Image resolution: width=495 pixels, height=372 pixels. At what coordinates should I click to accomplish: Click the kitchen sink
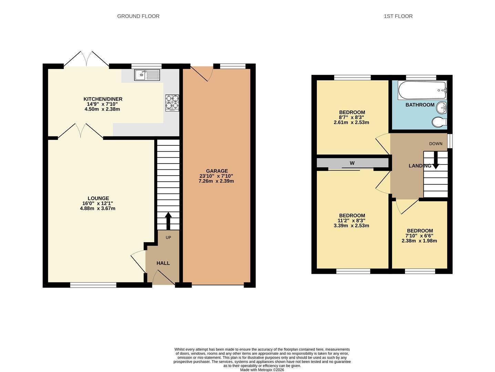[x=147, y=75]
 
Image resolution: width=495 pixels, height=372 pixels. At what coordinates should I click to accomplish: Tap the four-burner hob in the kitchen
[x=172, y=103]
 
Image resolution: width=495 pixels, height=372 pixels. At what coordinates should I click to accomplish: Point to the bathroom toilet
[x=440, y=122]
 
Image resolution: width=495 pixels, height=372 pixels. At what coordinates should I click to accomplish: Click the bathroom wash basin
[x=441, y=108]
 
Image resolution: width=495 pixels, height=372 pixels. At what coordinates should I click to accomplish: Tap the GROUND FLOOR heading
[x=138, y=16]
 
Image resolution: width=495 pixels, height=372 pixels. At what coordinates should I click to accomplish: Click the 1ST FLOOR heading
[x=398, y=16]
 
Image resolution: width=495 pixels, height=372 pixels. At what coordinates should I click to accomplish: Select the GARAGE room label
[x=217, y=171]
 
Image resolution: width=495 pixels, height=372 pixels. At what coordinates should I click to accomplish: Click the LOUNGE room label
[x=98, y=198]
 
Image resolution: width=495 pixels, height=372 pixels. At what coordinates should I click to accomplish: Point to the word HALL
[x=163, y=263]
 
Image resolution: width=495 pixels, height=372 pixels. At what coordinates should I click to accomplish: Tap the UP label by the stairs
[x=168, y=237]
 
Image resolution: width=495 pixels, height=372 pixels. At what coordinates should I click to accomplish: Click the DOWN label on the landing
[x=436, y=144]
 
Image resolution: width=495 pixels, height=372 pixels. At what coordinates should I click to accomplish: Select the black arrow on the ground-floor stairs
[x=168, y=221]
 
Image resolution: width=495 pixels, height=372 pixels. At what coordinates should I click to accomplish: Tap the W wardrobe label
[x=352, y=163]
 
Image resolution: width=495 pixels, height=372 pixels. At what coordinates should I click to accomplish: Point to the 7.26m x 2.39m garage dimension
[x=216, y=181]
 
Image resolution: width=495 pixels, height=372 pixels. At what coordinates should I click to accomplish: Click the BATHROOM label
[x=420, y=105]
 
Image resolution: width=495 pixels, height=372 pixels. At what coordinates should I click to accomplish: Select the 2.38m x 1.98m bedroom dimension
[x=419, y=241]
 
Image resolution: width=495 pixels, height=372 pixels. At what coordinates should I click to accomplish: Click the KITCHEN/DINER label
[x=103, y=99]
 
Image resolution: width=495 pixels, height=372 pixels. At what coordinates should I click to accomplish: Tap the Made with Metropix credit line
[x=262, y=370]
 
